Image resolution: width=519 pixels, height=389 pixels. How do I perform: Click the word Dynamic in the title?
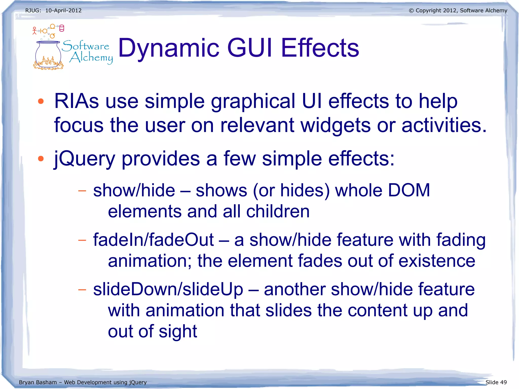tap(169, 48)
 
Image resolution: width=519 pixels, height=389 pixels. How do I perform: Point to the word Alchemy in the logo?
tap(91, 58)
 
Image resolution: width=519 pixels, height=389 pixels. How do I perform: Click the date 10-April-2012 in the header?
tap(63, 11)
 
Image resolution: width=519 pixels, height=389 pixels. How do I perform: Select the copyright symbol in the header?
tap(411, 11)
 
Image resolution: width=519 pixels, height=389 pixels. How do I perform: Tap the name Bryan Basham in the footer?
tap(38, 382)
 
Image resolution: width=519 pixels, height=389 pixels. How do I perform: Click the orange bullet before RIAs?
tap(41, 102)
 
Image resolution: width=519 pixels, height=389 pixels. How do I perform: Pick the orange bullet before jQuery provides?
tap(41, 159)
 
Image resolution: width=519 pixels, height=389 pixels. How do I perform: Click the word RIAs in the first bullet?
tap(77, 101)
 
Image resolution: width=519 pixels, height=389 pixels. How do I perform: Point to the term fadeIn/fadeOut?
tap(153, 240)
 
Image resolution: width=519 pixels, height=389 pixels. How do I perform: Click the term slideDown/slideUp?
tap(168, 289)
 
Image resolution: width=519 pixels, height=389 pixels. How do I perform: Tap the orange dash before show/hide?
tap(82, 191)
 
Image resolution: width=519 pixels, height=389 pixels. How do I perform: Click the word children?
tap(278, 211)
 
